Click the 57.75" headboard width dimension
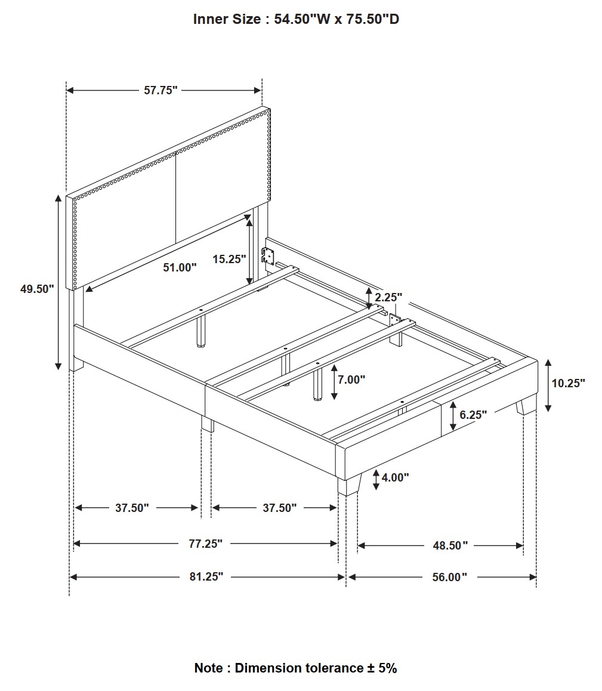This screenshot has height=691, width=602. (161, 90)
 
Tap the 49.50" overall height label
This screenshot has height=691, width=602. (37, 289)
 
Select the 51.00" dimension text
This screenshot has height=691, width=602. (180, 267)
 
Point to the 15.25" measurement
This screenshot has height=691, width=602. (229, 259)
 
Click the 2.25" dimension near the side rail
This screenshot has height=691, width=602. (388, 298)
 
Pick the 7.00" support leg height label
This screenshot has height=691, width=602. (351, 380)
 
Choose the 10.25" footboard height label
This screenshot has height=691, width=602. (569, 383)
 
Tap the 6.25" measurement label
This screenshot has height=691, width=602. (473, 415)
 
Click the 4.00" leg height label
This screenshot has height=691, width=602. (396, 477)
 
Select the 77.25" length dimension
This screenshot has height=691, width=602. (206, 544)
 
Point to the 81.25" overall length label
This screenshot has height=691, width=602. (206, 577)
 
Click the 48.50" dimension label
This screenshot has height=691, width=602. (450, 545)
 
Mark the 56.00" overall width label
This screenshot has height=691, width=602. (449, 577)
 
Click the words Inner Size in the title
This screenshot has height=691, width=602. (227, 19)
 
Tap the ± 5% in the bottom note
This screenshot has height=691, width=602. (382, 668)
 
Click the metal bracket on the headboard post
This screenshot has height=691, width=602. (267, 255)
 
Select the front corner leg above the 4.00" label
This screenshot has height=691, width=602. (349, 485)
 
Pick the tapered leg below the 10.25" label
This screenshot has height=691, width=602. (526, 407)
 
